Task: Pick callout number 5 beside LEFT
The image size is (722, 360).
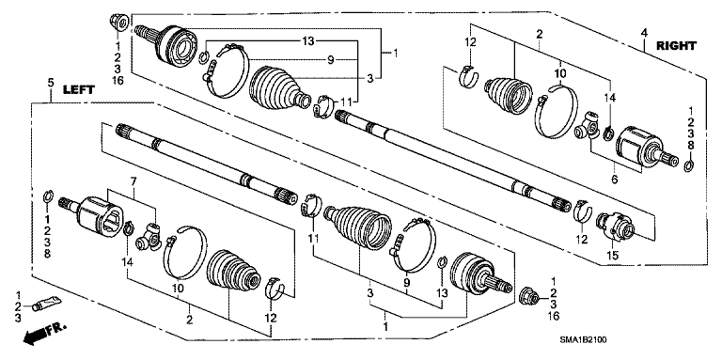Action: click(50, 86)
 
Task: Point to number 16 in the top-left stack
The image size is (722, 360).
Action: click(118, 82)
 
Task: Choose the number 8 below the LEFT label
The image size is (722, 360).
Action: click(46, 255)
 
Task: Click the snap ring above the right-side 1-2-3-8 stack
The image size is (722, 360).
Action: click(689, 167)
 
